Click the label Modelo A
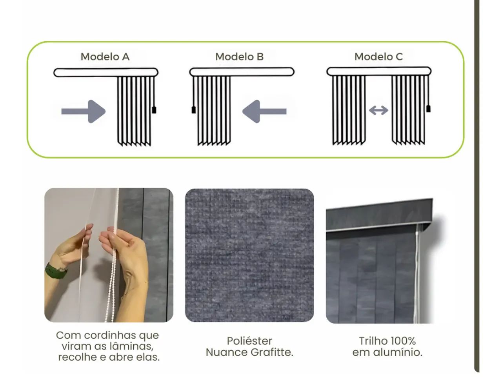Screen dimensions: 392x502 click(x=105, y=57)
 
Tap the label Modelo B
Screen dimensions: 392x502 click(x=239, y=57)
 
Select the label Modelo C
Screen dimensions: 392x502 click(x=378, y=57)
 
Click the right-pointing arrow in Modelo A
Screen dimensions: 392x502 click(x=84, y=111)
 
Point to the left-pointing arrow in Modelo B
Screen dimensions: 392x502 click(x=264, y=111)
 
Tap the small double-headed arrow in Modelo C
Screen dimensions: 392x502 click(x=378, y=111)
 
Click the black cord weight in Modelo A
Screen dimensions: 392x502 click(x=154, y=109)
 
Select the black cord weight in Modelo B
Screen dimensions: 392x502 click(x=193, y=110)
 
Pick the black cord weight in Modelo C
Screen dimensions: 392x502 click(x=428, y=108)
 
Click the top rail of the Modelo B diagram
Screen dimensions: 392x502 click(x=242, y=72)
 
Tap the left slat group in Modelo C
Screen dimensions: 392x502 click(x=349, y=110)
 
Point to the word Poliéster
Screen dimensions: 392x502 click(x=249, y=341)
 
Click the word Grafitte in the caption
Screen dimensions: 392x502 click(x=271, y=352)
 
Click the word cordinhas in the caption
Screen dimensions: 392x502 click(x=104, y=335)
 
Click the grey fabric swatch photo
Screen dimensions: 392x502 click(x=249, y=255)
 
